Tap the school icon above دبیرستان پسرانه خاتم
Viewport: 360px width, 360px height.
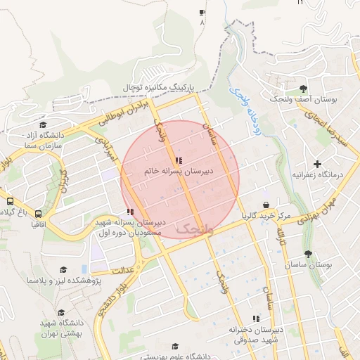(186, 161)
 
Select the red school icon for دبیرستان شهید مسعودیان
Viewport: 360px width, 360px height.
(130, 212)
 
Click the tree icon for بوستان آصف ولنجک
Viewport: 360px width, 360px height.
(302, 89)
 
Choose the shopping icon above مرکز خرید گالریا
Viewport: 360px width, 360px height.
(266, 205)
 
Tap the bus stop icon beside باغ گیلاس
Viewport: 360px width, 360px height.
(39, 212)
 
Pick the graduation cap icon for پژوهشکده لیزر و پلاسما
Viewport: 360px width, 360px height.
(63, 270)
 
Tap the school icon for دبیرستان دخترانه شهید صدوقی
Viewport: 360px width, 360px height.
(255, 319)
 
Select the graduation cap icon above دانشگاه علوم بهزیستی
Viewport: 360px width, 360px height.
(174, 347)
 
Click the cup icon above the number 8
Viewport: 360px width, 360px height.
(202, 13)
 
